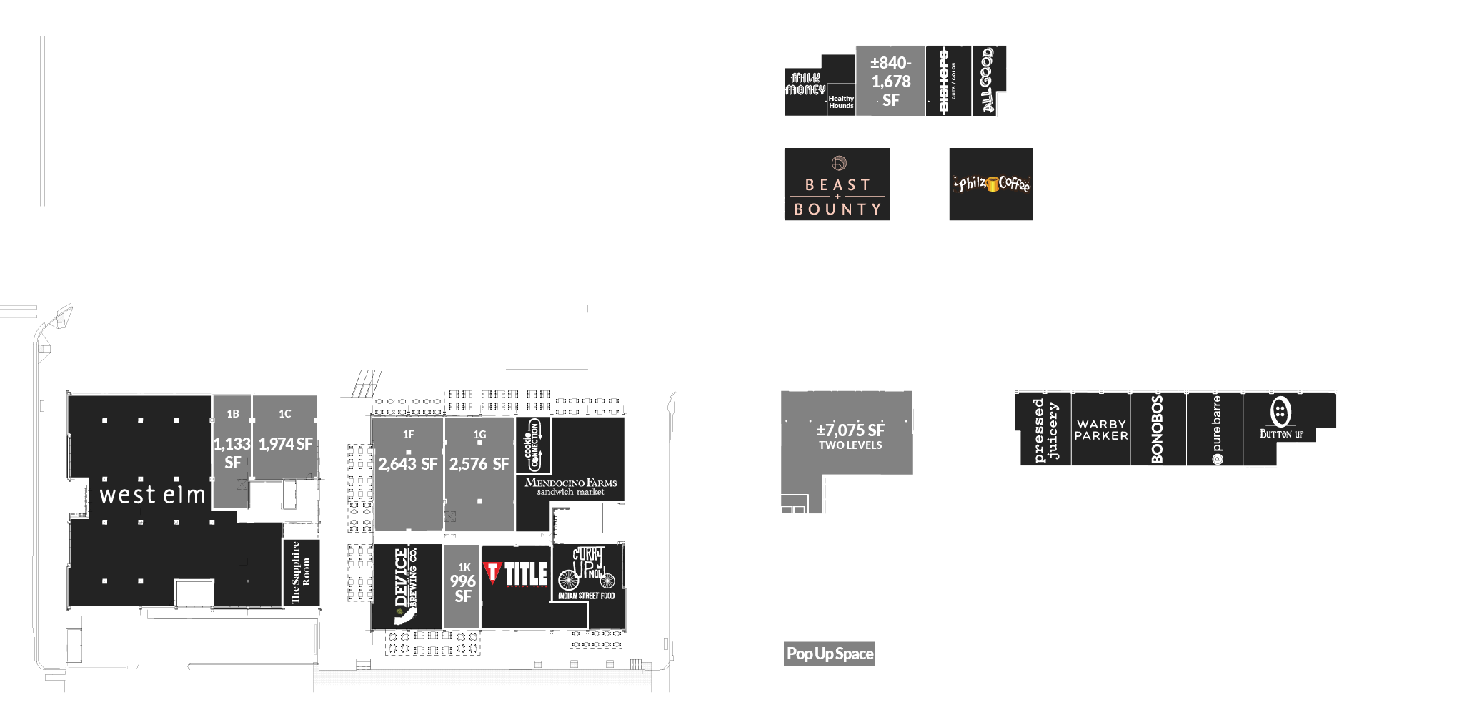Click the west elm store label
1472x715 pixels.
(152, 495)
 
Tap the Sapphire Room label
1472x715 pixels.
(301, 572)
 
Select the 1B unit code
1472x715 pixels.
(232, 414)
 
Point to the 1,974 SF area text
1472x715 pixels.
(285, 444)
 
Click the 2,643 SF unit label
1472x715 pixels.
(407, 464)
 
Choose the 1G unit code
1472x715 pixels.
(479, 434)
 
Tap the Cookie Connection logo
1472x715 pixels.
(533, 445)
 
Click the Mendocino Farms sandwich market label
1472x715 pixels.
(570, 486)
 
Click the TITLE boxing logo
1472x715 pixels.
(516, 573)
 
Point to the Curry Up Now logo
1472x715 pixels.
(587, 573)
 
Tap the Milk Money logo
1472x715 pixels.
(805, 84)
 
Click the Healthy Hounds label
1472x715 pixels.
(841, 102)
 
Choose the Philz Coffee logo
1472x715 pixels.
(990, 184)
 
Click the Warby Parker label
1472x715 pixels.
(1100, 430)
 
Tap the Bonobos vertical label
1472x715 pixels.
(1158, 429)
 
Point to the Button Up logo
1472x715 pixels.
(1280, 419)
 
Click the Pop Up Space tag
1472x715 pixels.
(829, 654)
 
